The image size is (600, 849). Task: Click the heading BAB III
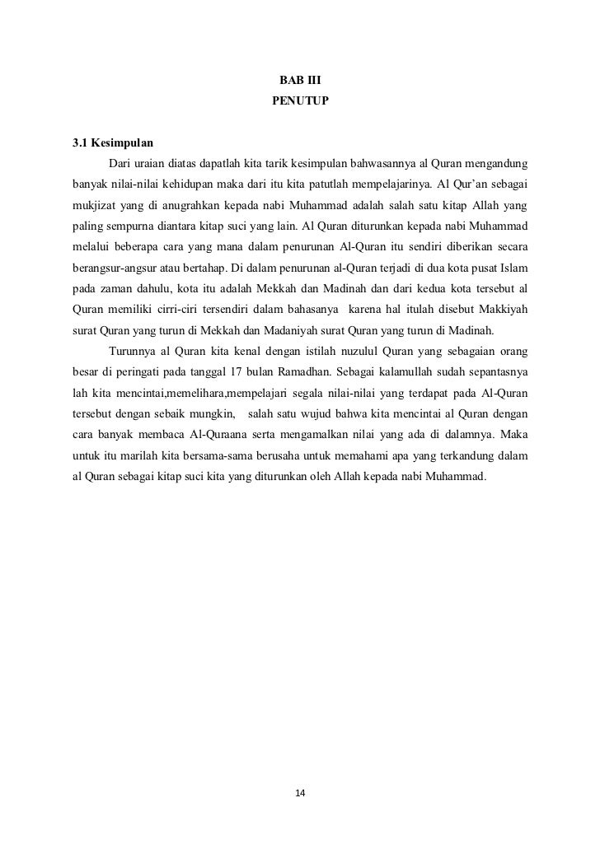point(299,82)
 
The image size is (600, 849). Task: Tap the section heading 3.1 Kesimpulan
point(108,142)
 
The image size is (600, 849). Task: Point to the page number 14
point(299,792)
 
